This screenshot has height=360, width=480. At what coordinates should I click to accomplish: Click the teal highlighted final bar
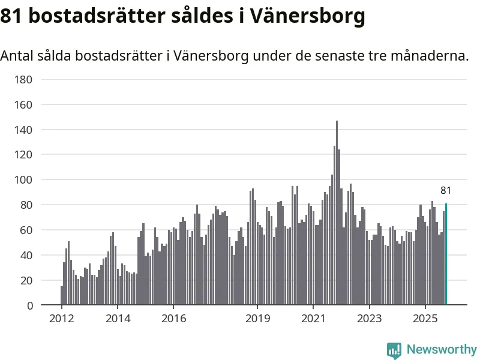pos(446,254)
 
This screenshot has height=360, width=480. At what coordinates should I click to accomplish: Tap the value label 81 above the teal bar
pos(446,191)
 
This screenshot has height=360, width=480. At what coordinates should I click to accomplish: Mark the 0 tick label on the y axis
pos(29,305)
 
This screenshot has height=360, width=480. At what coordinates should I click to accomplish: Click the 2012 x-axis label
pos(62,318)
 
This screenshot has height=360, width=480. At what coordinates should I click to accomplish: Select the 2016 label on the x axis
pos(173,318)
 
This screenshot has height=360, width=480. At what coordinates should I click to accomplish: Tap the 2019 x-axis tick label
pos(257,318)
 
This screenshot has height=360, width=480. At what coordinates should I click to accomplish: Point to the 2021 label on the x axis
pos(313,318)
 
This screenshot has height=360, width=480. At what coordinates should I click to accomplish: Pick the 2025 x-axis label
pos(425,318)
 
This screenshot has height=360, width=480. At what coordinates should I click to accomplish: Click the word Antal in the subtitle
pos(17,56)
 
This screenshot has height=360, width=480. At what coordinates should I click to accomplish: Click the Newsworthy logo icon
pos(394,350)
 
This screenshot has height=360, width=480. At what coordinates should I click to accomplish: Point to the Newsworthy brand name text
pos(442,349)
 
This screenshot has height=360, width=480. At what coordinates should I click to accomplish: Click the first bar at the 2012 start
pos(62,296)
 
